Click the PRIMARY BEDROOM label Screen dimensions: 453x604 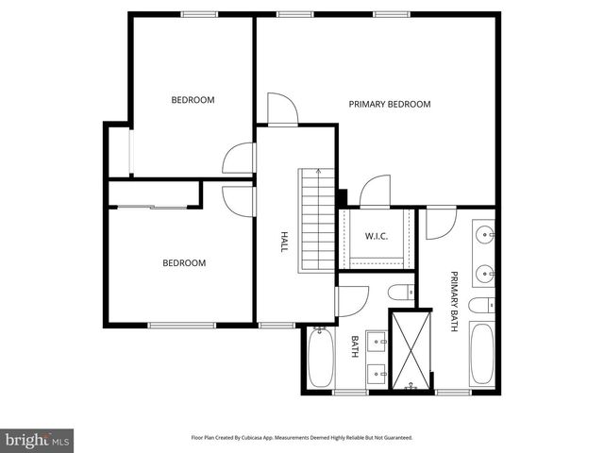[x=389, y=104]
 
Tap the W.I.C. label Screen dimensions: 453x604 [x=377, y=236]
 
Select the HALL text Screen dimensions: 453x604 [x=283, y=242]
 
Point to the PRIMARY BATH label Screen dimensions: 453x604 [x=454, y=301]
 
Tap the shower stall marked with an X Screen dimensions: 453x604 [x=411, y=347]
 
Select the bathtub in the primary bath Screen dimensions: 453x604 [x=480, y=356]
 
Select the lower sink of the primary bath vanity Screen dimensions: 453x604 [x=485, y=272]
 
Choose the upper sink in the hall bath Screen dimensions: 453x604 [x=378, y=339]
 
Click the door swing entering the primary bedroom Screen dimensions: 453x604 [x=282, y=109]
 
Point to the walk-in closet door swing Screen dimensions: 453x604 [x=376, y=191]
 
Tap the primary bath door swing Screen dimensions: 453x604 [x=439, y=223]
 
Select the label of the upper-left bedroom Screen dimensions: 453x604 [x=193, y=100]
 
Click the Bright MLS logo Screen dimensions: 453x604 [x=38, y=440]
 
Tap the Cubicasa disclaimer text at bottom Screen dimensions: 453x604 [x=301, y=438]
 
